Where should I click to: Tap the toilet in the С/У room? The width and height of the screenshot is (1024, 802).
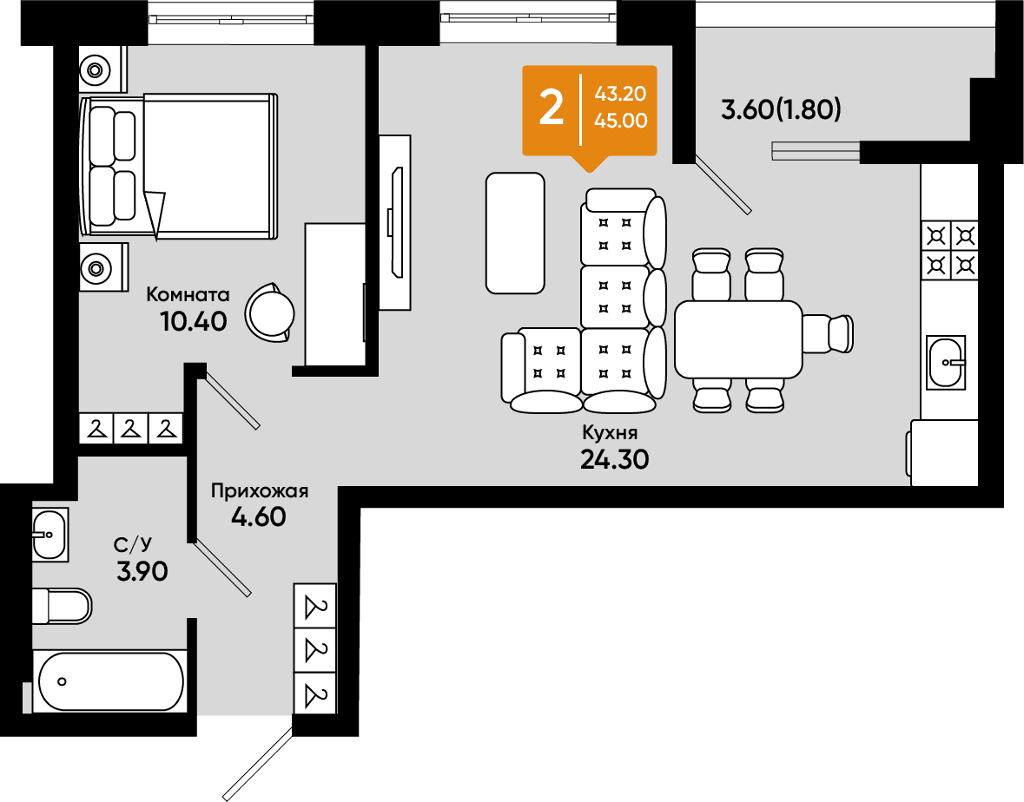click(x=62, y=606)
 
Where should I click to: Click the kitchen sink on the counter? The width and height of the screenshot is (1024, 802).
click(x=946, y=362)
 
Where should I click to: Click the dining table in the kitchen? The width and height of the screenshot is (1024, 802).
click(x=738, y=339)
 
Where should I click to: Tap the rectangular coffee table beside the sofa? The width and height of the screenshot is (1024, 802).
click(x=515, y=233)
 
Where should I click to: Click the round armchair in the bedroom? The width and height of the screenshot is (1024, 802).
click(x=270, y=312)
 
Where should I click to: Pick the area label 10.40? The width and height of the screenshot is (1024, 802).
click(x=194, y=321)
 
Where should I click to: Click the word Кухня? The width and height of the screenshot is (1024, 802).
click(x=610, y=432)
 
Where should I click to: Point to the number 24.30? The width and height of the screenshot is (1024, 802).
click(x=615, y=459)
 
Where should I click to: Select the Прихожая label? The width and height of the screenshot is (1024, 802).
click(x=260, y=490)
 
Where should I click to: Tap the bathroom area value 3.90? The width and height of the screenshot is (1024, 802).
click(x=142, y=572)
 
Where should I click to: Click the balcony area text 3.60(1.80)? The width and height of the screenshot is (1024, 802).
click(x=781, y=109)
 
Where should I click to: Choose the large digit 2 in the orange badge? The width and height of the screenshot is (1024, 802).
click(x=552, y=108)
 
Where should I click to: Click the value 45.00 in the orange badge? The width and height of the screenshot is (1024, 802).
click(x=621, y=121)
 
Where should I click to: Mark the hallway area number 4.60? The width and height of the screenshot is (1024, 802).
click(x=260, y=516)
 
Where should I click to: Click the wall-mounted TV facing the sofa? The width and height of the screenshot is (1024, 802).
click(x=396, y=222)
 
